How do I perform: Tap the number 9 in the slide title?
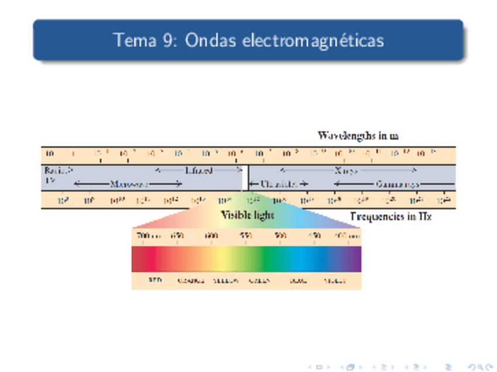pyautogui.click(x=165, y=40)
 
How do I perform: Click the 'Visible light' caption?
pyautogui.click(x=247, y=215)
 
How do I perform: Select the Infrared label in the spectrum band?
pyautogui.click(x=199, y=170)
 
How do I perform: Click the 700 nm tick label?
pyautogui.click(x=147, y=236)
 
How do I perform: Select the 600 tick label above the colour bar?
pyautogui.click(x=212, y=236)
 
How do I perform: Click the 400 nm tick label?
pyautogui.click(x=346, y=236)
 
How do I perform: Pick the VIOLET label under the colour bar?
pyautogui.click(x=335, y=281)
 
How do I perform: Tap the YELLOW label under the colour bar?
pyautogui.click(x=226, y=281)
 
